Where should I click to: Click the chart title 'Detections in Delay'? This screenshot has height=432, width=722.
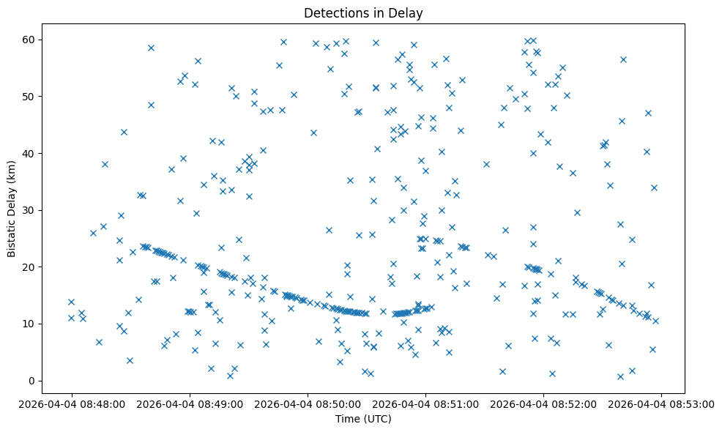click(363, 13)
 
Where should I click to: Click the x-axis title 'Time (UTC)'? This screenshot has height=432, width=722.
click(363, 420)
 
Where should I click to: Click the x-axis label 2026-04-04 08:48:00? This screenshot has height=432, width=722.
click(72, 403)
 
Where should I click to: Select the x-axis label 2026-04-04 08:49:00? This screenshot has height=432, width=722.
click(190, 403)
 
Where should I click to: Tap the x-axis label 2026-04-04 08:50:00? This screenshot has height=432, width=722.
click(308, 403)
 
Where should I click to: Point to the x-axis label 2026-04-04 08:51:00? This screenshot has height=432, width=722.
click(425, 403)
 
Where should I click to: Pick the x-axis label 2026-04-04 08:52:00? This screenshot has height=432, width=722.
click(543, 403)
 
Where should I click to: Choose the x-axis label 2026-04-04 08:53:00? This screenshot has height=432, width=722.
click(661, 403)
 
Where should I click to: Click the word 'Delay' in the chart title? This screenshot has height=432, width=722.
click(408, 13)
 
